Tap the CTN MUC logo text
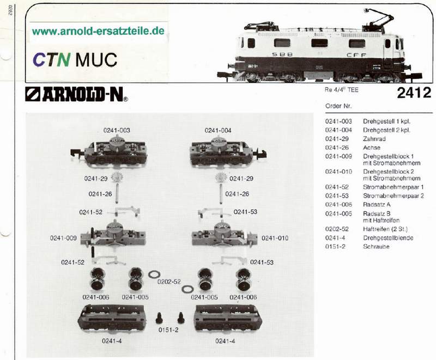tap(75, 59)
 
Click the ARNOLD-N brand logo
tap(77, 96)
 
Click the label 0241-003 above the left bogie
tap(117, 130)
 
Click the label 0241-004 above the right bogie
tap(218, 130)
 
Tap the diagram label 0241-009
tap(63, 237)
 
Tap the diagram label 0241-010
tap(275, 237)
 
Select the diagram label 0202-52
tap(169, 282)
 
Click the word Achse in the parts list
tap(372, 148)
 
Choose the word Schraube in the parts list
tap(377, 246)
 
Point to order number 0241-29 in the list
tap(336, 139)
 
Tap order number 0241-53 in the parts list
tap(336, 195)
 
